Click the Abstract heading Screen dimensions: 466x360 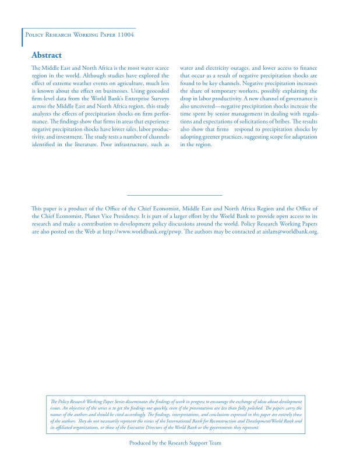(47, 55)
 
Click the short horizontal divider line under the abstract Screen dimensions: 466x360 (174, 195)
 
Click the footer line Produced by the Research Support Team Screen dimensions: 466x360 (175, 443)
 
